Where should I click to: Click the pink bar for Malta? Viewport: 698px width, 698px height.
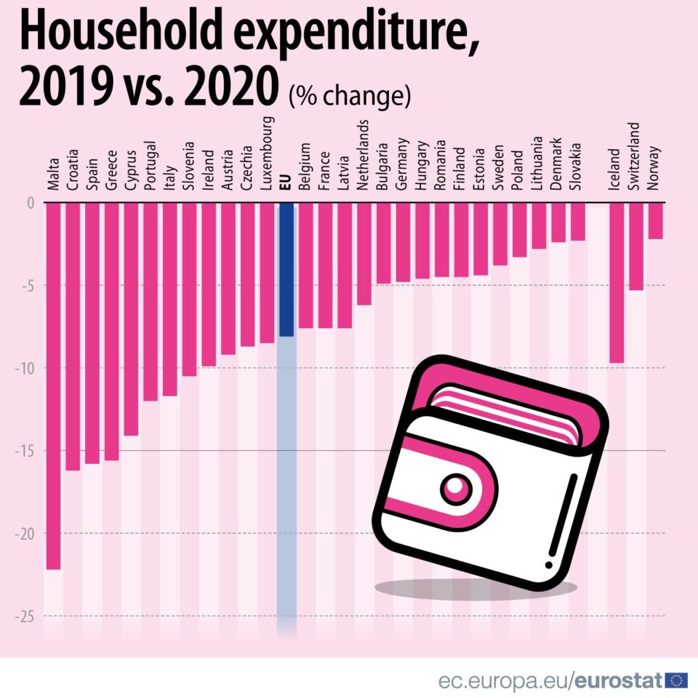[53, 385]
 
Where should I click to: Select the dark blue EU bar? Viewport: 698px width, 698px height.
[286, 269]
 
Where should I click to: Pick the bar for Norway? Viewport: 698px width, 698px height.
[655, 220]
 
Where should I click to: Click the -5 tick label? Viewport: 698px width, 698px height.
[28, 285]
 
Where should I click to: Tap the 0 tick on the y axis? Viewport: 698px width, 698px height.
[31, 203]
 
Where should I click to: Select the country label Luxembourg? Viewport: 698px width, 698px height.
[267, 153]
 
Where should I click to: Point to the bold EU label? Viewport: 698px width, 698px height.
[286, 182]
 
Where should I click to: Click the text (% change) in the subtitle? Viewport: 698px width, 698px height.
[350, 96]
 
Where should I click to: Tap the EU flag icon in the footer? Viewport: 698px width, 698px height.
[675, 681]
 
